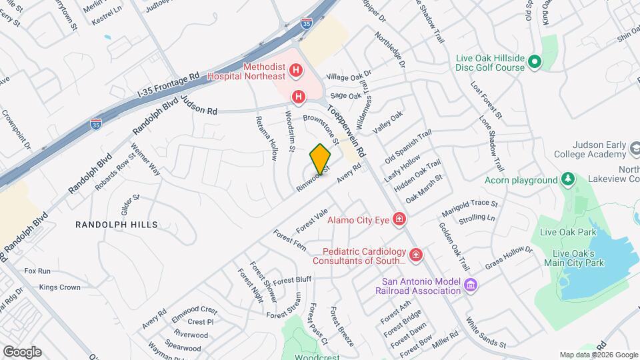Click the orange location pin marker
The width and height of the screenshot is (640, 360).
(x=320, y=159)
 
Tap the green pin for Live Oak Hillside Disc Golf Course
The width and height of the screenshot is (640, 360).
(x=534, y=63)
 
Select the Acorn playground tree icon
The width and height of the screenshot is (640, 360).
(x=567, y=179)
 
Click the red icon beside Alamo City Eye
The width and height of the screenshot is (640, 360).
(x=399, y=219)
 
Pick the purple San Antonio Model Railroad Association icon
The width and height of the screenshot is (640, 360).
(x=471, y=285)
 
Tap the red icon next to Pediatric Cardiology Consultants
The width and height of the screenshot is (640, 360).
(x=416, y=255)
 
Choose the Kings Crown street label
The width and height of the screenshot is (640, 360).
(x=59, y=287)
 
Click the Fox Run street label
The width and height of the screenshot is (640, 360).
(x=37, y=271)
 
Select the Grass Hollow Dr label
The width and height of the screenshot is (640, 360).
(x=509, y=258)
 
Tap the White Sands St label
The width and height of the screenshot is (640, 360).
(x=486, y=333)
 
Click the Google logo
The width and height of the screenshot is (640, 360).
(x=22, y=352)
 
